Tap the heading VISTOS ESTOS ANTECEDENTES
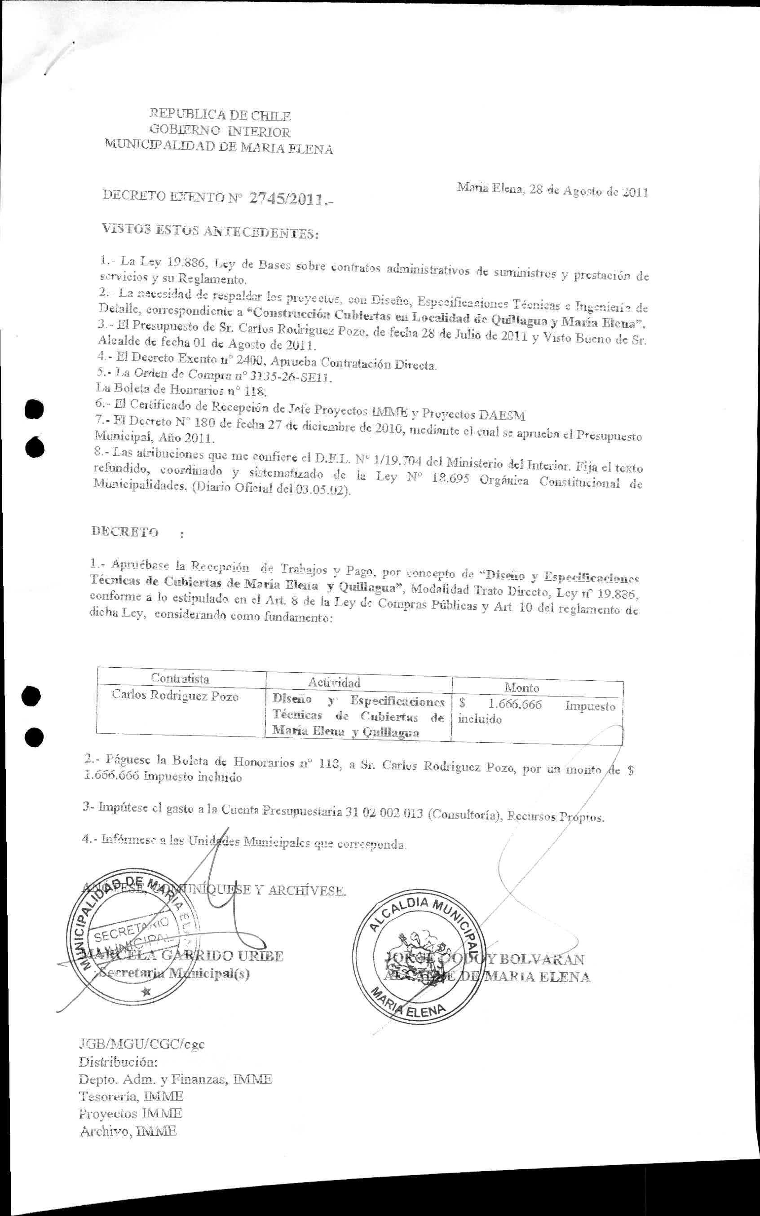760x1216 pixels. [x=210, y=231]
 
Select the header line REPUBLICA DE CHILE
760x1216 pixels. [x=220, y=116]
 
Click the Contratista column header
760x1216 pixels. [x=180, y=678]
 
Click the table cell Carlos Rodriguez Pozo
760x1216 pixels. [x=175, y=696]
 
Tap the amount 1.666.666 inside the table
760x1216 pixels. [x=515, y=705]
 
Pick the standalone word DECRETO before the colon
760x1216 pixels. [x=125, y=532]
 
